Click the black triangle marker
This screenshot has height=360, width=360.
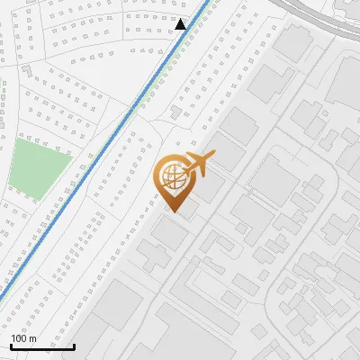point(181,24)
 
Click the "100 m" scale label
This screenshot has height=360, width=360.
point(23,338)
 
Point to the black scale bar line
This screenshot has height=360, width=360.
point(42,346)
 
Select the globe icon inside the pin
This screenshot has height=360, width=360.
point(171,176)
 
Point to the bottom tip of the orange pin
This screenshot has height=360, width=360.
point(174,211)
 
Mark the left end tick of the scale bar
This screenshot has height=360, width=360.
point(11,345)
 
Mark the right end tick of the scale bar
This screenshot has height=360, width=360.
point(74,345)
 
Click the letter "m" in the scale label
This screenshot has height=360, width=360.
point(32,338)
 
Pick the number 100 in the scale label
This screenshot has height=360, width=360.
point(19,338)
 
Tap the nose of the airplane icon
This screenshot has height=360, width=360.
point(213,157)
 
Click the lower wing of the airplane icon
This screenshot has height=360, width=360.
point(197,173)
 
